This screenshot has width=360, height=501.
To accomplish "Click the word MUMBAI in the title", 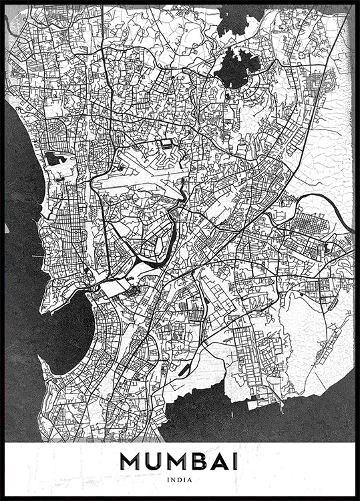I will (180, 462).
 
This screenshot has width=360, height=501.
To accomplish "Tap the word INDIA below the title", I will (180, 479).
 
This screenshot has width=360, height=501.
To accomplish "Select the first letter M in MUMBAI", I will (131, 462).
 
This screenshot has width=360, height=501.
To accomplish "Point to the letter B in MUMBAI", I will (193, 462).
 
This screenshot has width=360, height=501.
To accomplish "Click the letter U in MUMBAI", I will (152, 462).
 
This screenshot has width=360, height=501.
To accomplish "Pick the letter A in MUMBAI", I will (214, 462).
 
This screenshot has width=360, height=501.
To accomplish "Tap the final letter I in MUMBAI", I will (232, 462).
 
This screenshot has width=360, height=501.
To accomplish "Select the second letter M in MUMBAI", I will (172, 462).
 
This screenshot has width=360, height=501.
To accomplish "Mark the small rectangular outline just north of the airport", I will (166, 144).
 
